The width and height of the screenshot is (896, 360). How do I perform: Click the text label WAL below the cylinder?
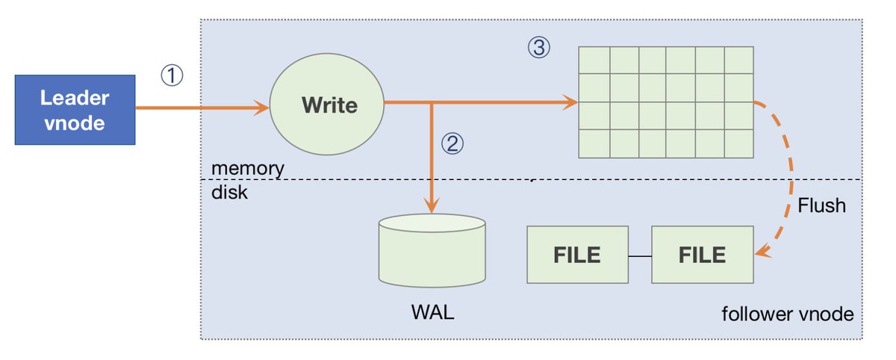(432, 312)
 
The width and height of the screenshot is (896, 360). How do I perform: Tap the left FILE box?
(577, 255)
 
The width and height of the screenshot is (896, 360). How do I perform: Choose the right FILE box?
(702, 255)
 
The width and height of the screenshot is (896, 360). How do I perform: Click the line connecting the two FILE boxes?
(639, 256)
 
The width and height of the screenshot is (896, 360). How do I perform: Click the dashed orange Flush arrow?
(788, 172)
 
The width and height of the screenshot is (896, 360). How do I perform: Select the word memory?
(246, 167)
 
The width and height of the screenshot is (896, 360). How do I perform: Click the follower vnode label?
(787, 314)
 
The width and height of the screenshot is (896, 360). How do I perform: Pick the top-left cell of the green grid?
(595, 60)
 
